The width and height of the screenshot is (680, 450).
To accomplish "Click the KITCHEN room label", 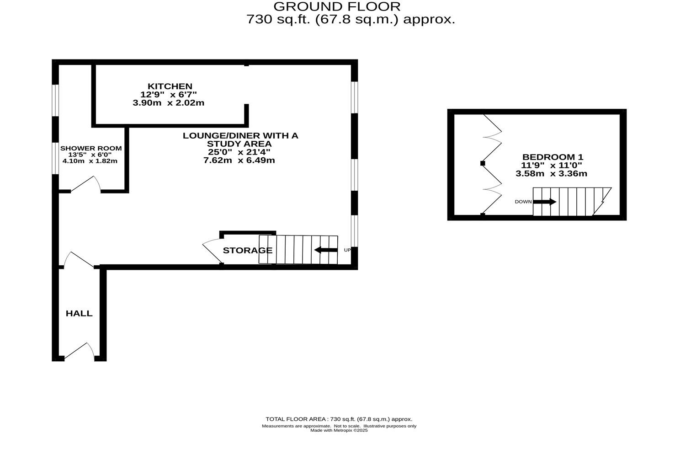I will coord(170,86).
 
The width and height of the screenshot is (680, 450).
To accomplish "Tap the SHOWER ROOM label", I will coord(91,148).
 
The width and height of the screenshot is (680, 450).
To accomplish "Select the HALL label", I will coord(79,313).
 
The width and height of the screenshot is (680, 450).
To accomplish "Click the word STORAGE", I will coord(247,250).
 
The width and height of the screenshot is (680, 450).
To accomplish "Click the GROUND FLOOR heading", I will coord(337,6).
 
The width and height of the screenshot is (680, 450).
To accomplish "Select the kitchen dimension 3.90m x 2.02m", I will coord(168,103).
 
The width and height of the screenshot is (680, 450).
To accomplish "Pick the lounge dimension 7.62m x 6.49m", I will coord(239,161).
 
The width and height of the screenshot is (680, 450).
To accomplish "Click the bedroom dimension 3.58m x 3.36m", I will coord(551,174).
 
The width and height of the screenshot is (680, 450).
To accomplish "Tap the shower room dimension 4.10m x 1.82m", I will coord(90,161).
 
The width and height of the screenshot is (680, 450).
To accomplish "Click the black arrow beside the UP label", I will coord(325,250).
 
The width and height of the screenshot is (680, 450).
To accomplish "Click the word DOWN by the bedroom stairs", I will coord(523,202).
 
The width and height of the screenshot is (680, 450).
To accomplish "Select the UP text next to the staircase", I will coord(347,250).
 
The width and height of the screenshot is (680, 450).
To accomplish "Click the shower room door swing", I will coord(85,184).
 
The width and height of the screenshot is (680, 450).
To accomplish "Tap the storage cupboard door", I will coord(211,249).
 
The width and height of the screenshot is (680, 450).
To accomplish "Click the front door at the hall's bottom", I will coord(79,351).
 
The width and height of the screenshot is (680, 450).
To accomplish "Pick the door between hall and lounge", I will coord(79,259).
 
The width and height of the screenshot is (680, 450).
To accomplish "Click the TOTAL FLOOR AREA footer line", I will coord(339,419).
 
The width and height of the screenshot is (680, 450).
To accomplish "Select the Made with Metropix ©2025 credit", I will coord(339,430).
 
